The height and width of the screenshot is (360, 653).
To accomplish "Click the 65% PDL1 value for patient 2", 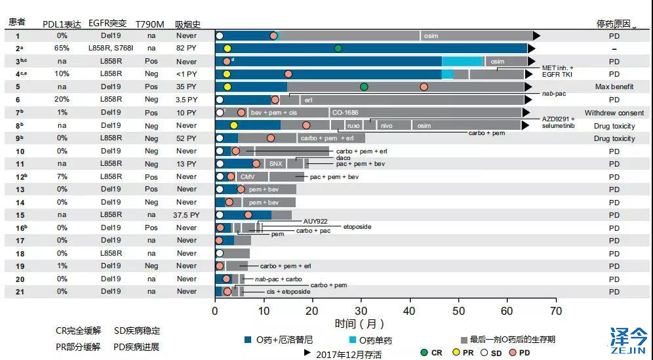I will [62, 49].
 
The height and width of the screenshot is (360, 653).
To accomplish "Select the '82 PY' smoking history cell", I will [186, 49].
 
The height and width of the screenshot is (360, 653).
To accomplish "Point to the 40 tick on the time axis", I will [410, 310].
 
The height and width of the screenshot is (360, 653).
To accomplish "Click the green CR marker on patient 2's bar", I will [338, 49].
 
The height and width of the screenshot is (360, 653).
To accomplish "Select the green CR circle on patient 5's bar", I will [364, 87].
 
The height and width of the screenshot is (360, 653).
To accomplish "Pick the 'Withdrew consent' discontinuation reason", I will [614, 113].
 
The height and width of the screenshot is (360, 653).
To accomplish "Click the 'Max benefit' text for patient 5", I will [614, 87].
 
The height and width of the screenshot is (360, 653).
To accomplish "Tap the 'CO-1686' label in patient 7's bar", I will [346, 113].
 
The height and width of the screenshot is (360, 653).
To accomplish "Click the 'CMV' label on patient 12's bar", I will [247, 176].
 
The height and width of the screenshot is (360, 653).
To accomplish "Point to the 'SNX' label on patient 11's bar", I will [275, 164].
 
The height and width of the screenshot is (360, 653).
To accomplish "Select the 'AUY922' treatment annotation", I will [315, 221].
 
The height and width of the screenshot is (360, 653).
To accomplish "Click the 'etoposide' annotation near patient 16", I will [357, 227].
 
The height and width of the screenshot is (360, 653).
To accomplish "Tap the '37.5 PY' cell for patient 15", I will [186, 215].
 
